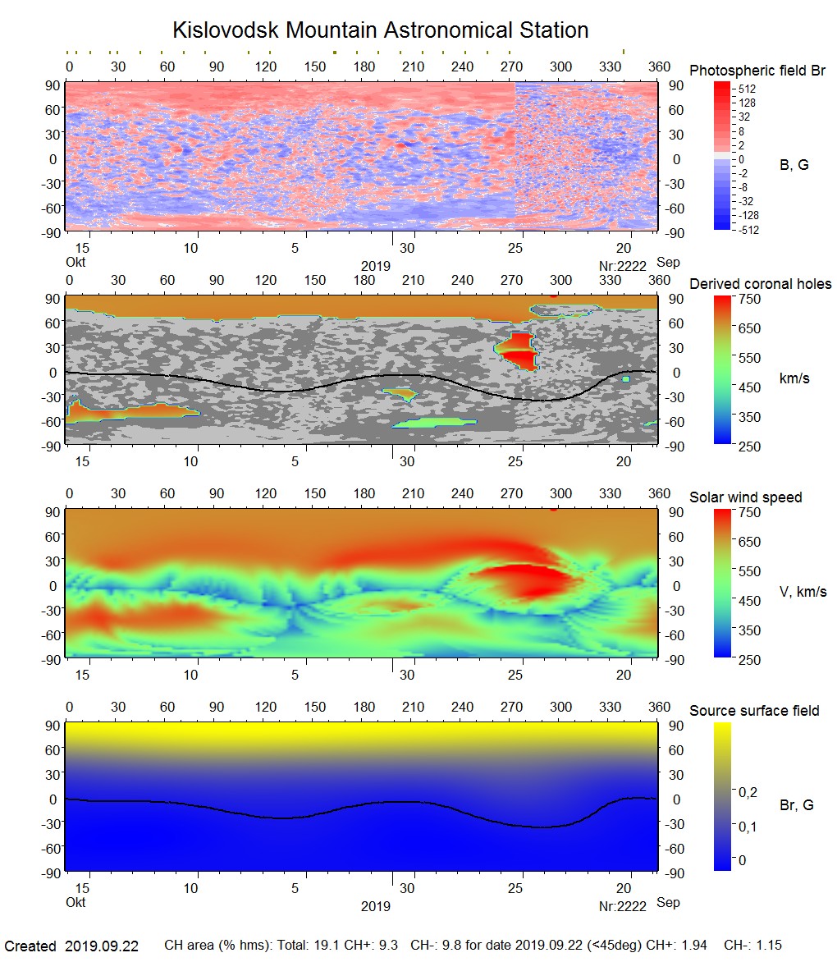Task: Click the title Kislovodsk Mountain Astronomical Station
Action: point(380,30)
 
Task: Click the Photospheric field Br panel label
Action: point(757,71)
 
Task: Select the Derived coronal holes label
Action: point(760,284)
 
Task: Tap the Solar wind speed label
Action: point(745,497)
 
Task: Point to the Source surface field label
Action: point(753,711)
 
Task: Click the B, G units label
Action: point(794,165)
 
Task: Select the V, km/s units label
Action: point(803,592)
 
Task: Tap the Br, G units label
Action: point(796,805)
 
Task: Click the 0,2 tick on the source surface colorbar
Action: point(748,792)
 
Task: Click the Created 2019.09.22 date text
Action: point(72,946)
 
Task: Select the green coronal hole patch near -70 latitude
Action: point(434,423)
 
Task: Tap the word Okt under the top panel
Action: point(75,263)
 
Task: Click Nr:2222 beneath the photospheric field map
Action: point(623,266)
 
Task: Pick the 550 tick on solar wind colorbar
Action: point(751,571)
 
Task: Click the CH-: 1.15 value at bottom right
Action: point(755,946)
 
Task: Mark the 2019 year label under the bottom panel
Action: point(376,906)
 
